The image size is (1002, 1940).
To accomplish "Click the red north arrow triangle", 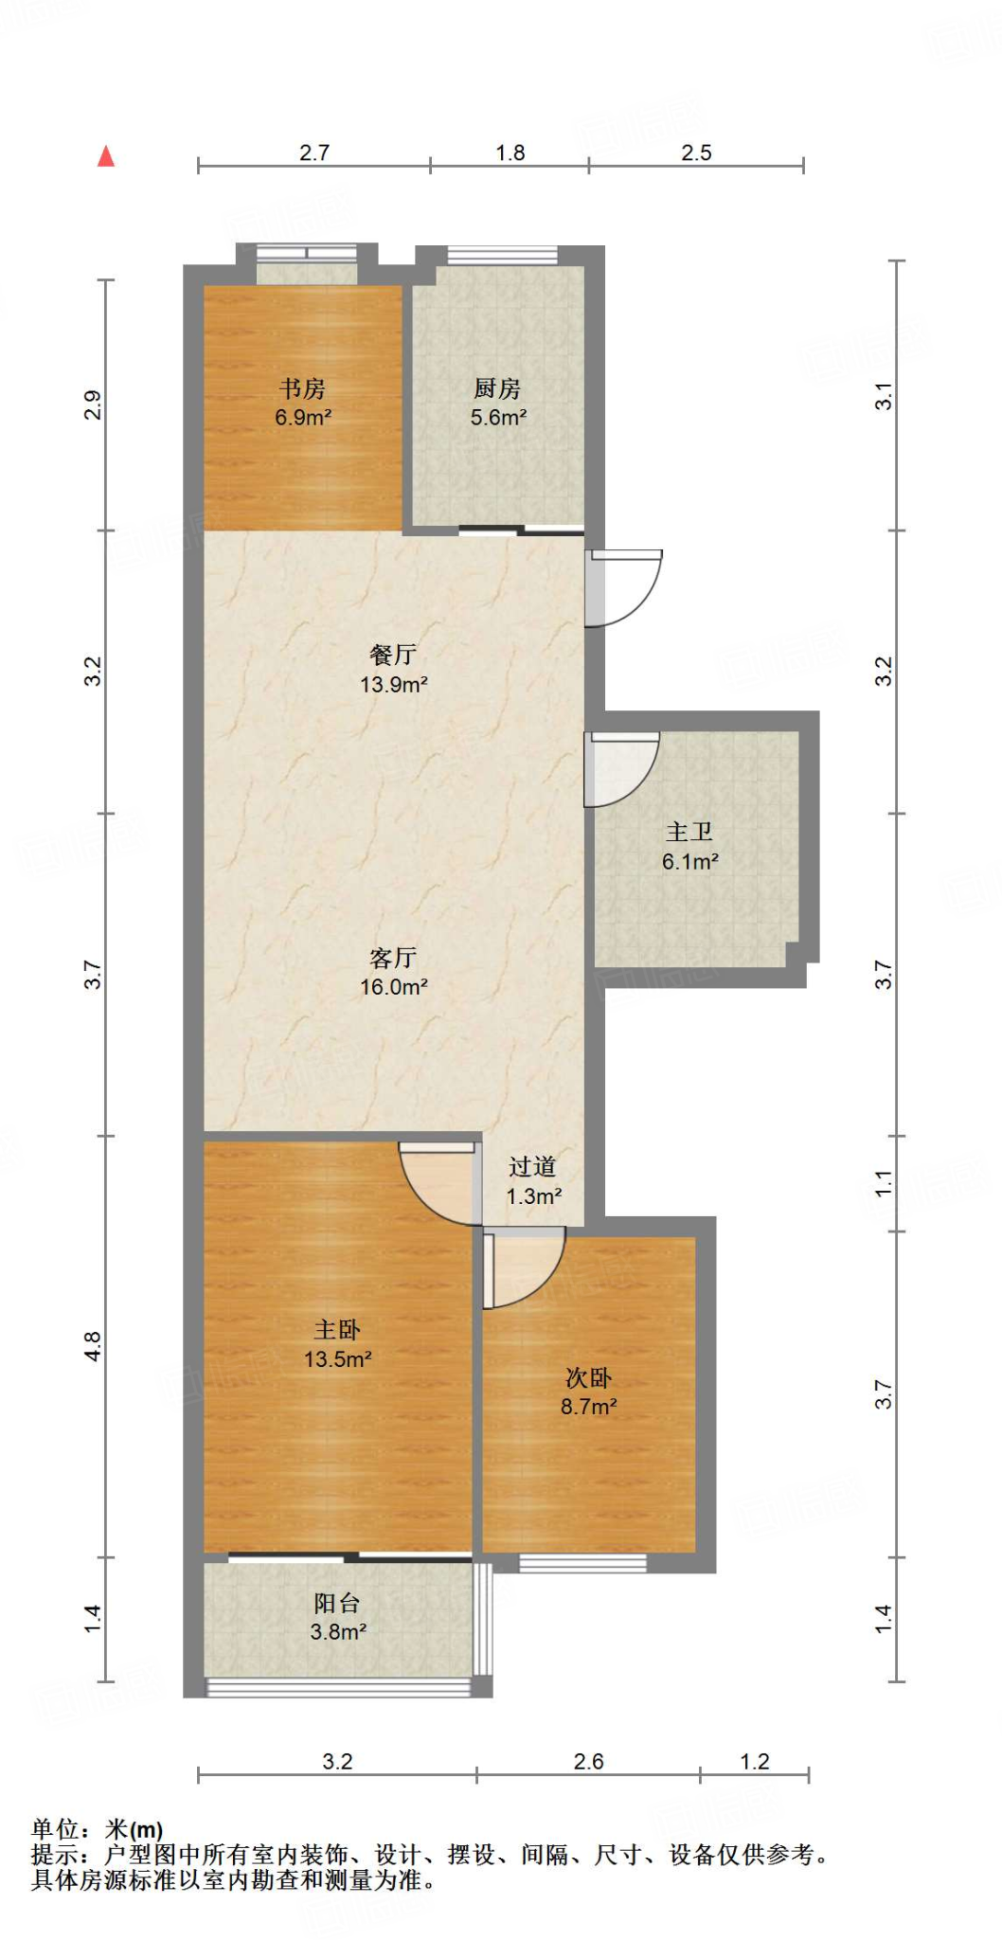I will click(x=106, y=156).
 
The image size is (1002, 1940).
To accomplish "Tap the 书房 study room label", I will click(x=302, y=388).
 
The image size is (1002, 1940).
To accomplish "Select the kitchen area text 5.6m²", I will click(x=498, y=418).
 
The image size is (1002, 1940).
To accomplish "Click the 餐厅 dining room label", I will click(x=393, y=655).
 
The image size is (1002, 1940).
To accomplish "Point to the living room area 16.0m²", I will click(x=394, y=987).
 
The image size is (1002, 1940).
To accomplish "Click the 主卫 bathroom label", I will click(x=689, y=832).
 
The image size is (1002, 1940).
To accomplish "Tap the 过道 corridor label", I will click(x=532, y=1167).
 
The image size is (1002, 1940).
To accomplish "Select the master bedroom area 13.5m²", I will click(x=337, y=1359).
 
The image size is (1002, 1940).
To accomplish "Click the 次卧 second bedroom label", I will click(x=588, y=1378).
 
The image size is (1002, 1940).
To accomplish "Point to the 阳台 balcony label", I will click(x=337, y=1603).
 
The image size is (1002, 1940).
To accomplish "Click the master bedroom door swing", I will click(x=438, y=1184).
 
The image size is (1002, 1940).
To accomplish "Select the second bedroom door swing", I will click(x=523, y=1267).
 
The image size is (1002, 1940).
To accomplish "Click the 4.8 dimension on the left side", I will click(x=92, y=1346).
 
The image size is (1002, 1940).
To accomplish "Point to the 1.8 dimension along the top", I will click(x=510, y=153).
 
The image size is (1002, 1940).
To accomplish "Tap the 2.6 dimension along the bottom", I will click(x=588, y=1762).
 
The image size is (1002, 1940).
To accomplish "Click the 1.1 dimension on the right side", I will click(x=883, y=1183).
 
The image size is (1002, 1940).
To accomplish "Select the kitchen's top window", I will click(x=502, y=256).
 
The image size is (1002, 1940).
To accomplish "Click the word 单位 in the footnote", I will click(x=55, y=1829).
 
